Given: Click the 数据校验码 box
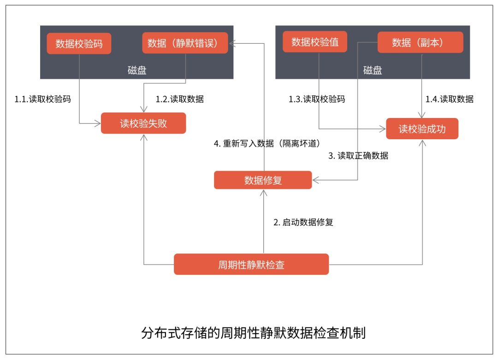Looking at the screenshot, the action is [79, 43].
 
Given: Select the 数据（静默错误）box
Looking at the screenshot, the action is [185, 43].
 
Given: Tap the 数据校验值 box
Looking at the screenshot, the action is [315, 41].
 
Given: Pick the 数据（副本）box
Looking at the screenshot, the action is [420, 42].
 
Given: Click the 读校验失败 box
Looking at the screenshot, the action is [143, 123].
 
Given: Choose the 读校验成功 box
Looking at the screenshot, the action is [422, 129].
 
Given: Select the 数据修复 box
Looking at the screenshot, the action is [263, 180].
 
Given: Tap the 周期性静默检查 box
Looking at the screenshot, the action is [251, 264].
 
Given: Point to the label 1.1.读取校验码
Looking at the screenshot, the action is [42, 99].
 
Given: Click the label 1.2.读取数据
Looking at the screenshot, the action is [179, 99].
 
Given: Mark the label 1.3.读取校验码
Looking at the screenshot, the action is [317, 99].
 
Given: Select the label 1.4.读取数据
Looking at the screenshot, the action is [450, 99].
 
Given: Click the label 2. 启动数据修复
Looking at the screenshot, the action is [303, 222].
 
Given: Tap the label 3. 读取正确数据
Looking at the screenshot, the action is [358, 155].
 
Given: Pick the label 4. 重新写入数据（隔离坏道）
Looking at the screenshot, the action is [267, 143].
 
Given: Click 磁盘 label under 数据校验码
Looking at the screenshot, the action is [137, 70].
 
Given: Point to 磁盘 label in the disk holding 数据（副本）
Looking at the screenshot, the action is [373, 70].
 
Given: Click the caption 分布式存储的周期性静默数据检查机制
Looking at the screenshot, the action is [254, 333].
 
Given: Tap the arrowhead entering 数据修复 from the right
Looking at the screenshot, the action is [316, 180].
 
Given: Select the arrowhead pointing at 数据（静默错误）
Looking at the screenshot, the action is [232, 43].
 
